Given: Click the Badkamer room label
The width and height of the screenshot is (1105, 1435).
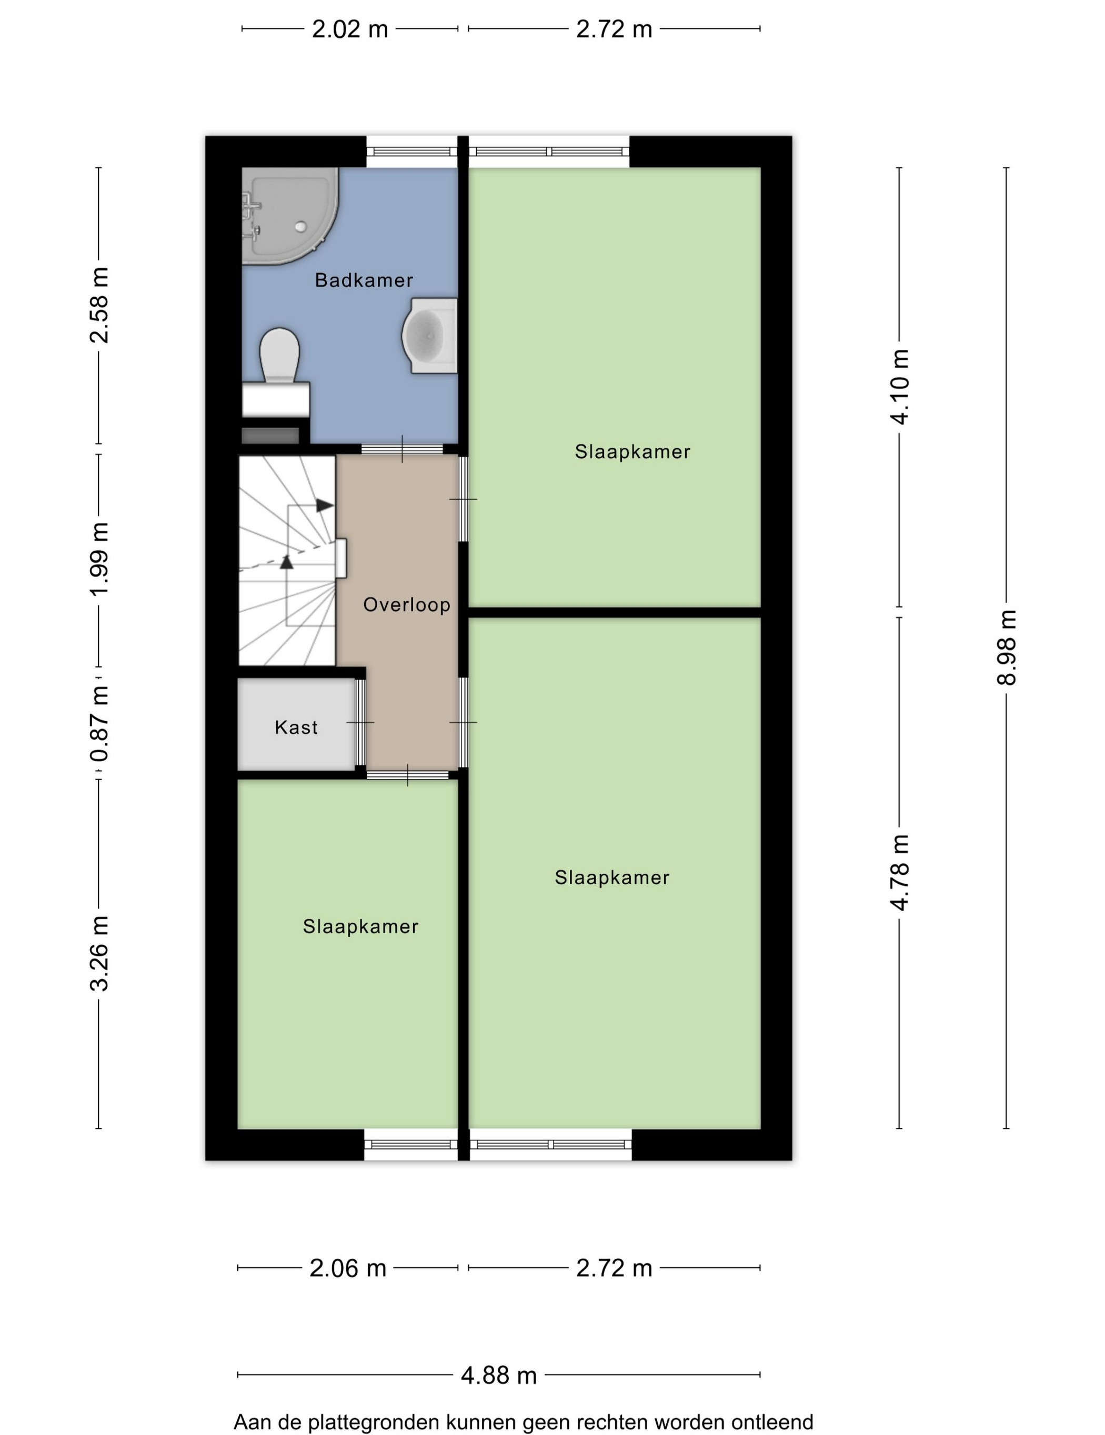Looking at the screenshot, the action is (364, 280).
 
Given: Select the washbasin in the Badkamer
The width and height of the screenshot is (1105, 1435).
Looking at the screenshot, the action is (429, 335).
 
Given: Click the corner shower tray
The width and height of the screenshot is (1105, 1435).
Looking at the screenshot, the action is (290, 216).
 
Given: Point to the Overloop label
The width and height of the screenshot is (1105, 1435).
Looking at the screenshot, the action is (407, 604).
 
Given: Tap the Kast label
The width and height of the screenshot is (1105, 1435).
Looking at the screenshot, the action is (296, 727).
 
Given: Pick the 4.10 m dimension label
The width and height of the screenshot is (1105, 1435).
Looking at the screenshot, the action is (899, 387).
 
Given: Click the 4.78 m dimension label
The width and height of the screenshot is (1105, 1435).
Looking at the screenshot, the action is (899, 872).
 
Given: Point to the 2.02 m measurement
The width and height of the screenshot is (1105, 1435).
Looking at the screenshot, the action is (350, 29).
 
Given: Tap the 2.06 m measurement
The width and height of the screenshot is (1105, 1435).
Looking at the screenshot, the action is (348, 1268).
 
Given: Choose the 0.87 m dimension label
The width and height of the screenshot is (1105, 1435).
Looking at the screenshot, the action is (99, 723).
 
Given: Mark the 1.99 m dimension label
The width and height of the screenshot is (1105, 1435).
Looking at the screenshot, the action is (99, 560).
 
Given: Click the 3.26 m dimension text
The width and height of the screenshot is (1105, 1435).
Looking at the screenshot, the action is (99, 953).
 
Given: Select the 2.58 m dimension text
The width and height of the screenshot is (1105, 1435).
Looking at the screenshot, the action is (99, 306).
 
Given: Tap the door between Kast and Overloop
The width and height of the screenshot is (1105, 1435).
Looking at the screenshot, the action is (360, 722).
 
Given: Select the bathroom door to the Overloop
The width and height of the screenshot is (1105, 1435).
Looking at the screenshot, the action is (403, 449).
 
